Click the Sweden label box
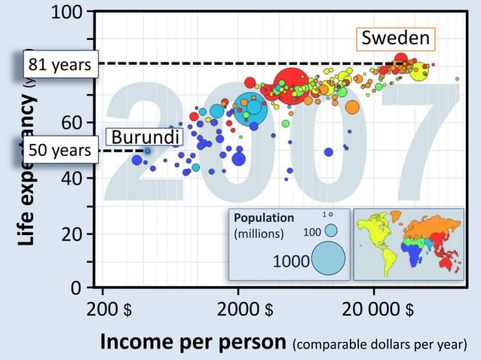click(x=396, y=38)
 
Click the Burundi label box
click(x=145, y=137)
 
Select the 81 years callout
click(x=60, y=66)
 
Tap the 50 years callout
click(x=60, y=151)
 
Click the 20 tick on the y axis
click(x=74, y=233)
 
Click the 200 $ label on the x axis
click(x=110, y=310)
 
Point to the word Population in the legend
click(x=264, y=218)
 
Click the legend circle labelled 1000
click(x=329, y=258)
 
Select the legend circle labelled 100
click(x=330, y=230)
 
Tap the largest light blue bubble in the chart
click(x=250, y=109)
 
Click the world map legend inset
click(x=408, y=243)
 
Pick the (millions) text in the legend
click(x=259, y=233)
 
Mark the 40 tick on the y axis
click(x=74, y=178)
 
